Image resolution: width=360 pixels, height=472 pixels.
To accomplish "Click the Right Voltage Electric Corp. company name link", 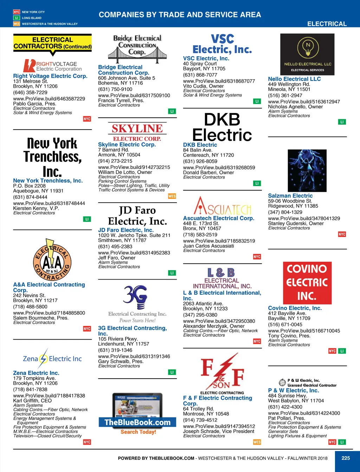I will tap(50, 76).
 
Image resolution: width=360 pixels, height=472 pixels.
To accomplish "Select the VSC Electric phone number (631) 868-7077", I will tap(200, 75).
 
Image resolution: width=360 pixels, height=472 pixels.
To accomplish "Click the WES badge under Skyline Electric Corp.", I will tap(172, 196).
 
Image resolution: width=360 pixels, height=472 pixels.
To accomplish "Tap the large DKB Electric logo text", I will tap(222, 127).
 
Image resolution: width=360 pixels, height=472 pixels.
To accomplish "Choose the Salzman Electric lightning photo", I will tap(307, 171).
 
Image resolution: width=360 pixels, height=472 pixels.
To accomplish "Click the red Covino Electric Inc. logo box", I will tap(307, 283).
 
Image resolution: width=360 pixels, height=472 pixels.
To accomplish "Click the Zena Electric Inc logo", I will tap(52, 359).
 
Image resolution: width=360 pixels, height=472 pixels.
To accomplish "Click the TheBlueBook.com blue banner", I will tap(137, 422).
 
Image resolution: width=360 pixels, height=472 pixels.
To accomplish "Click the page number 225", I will tap(346, 458).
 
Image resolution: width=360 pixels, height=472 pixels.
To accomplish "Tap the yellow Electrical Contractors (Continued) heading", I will tap(52, 43).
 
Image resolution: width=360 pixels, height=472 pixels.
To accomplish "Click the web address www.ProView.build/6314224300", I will tap(304, 413).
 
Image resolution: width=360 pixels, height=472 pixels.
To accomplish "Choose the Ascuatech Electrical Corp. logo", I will tap(222, 206).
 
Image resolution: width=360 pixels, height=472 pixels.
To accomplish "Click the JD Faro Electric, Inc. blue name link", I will tap(126, 230).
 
